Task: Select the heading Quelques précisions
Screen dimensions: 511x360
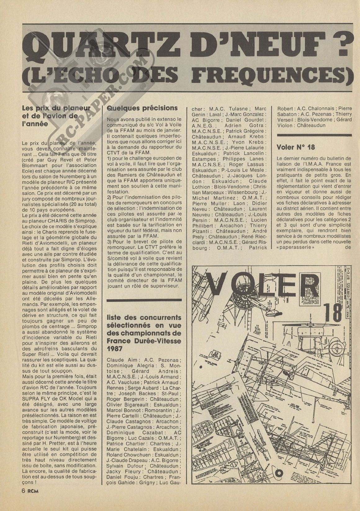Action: click(x=142, y=108)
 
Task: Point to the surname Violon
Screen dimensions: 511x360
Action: click(x=284, y=125)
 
